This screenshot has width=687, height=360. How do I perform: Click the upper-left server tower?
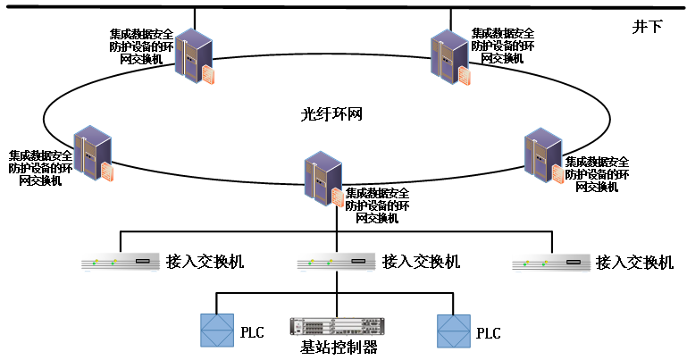tap(191, 54)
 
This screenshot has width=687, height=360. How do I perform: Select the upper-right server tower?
tap(448, 55)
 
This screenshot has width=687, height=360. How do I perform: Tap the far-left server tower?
tap(90, 151)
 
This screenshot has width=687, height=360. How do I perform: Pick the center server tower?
tap(321, 177)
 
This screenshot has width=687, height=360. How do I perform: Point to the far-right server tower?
tap(541, 154)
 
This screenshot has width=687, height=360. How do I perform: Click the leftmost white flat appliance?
tap(121, 262)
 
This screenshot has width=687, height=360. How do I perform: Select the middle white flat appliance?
tap(336, 262)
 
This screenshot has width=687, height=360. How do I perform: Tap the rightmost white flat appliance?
tap(551, 262)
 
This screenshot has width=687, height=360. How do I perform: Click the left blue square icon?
tap(217, 331)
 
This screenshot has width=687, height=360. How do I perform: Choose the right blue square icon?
tap(454, 331)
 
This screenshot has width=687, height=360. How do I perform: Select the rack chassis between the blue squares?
tap(338, 327)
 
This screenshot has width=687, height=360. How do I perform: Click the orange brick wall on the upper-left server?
tap(209, 75)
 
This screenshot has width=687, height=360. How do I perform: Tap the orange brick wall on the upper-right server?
tap(465, 76)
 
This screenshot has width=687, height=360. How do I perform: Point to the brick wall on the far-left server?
tap(108, 172)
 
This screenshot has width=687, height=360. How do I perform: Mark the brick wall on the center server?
tap(338, 197)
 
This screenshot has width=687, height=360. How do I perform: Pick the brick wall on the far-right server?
tap(558, 174)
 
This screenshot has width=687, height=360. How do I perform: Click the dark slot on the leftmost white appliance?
tap(143, 261)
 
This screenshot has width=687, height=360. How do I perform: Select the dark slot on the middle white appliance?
tap(358, 261)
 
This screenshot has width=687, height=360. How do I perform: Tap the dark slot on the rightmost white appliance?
tap(574, 262)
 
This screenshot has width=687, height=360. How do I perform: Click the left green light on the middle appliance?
tap(311, 263)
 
